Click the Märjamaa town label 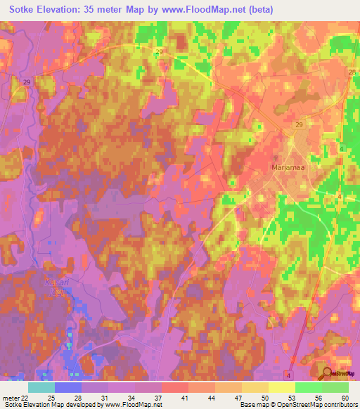[285, 168]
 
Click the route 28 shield [351, 73]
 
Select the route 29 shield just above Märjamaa [299, 124]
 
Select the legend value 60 [344, 397]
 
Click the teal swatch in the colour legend [41, 387]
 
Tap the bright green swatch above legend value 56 [308, 387]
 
